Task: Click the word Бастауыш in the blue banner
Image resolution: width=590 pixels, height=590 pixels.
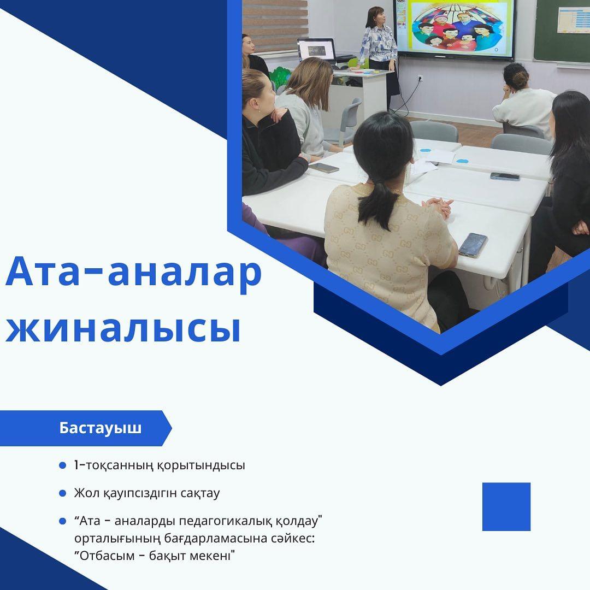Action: [100, 428]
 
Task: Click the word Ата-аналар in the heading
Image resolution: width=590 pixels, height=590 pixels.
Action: [134, 272]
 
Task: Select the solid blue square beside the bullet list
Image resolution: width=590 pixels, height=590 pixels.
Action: [506, 506]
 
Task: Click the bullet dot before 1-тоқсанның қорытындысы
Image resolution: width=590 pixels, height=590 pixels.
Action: [62, 465]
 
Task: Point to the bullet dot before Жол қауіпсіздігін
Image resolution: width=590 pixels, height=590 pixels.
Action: [62, 493]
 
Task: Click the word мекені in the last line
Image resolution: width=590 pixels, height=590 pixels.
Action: [214, 556]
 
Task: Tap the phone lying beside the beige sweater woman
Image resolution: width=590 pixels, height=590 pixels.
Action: [473, 245]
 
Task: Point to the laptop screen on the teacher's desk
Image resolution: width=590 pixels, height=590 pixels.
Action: [316, 49]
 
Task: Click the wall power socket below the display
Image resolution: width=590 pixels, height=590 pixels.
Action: [421, 79]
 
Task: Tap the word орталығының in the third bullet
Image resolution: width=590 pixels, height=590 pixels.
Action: [117, 539]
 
